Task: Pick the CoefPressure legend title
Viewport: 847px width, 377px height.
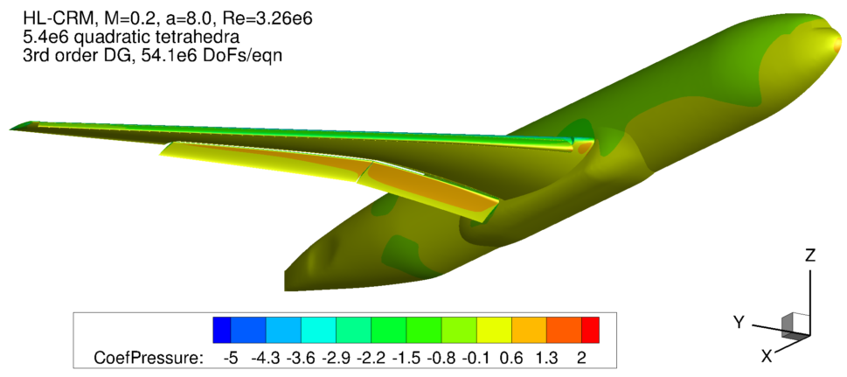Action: [148, 358]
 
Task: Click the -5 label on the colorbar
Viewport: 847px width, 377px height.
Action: [231, 358]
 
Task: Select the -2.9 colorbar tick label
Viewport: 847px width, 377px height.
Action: [336, 358]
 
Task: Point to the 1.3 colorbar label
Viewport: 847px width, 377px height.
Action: [546, 358]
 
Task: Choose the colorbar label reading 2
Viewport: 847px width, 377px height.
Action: [581, 358]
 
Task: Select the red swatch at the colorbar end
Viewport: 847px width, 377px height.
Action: [590, 329]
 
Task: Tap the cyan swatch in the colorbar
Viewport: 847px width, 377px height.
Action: [318, 329]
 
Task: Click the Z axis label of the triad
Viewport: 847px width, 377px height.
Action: [809, 256]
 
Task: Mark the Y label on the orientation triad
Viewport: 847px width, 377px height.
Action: [739, 323]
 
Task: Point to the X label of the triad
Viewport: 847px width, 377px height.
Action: [766, 356]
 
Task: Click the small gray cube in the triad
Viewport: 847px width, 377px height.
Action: [794, 325]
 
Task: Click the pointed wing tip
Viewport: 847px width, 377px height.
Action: [12, 128]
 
